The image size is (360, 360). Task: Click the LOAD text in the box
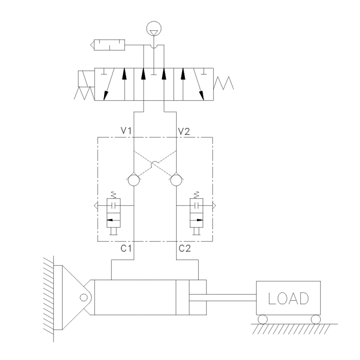click(x=288, y=298)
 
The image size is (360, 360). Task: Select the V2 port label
click(x=184, y=131)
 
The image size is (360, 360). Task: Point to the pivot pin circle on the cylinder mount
click(x=84, y=297)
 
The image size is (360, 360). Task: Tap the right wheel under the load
click(x=315, y=319)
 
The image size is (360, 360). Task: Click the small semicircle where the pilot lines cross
click(x=155, y=165)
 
